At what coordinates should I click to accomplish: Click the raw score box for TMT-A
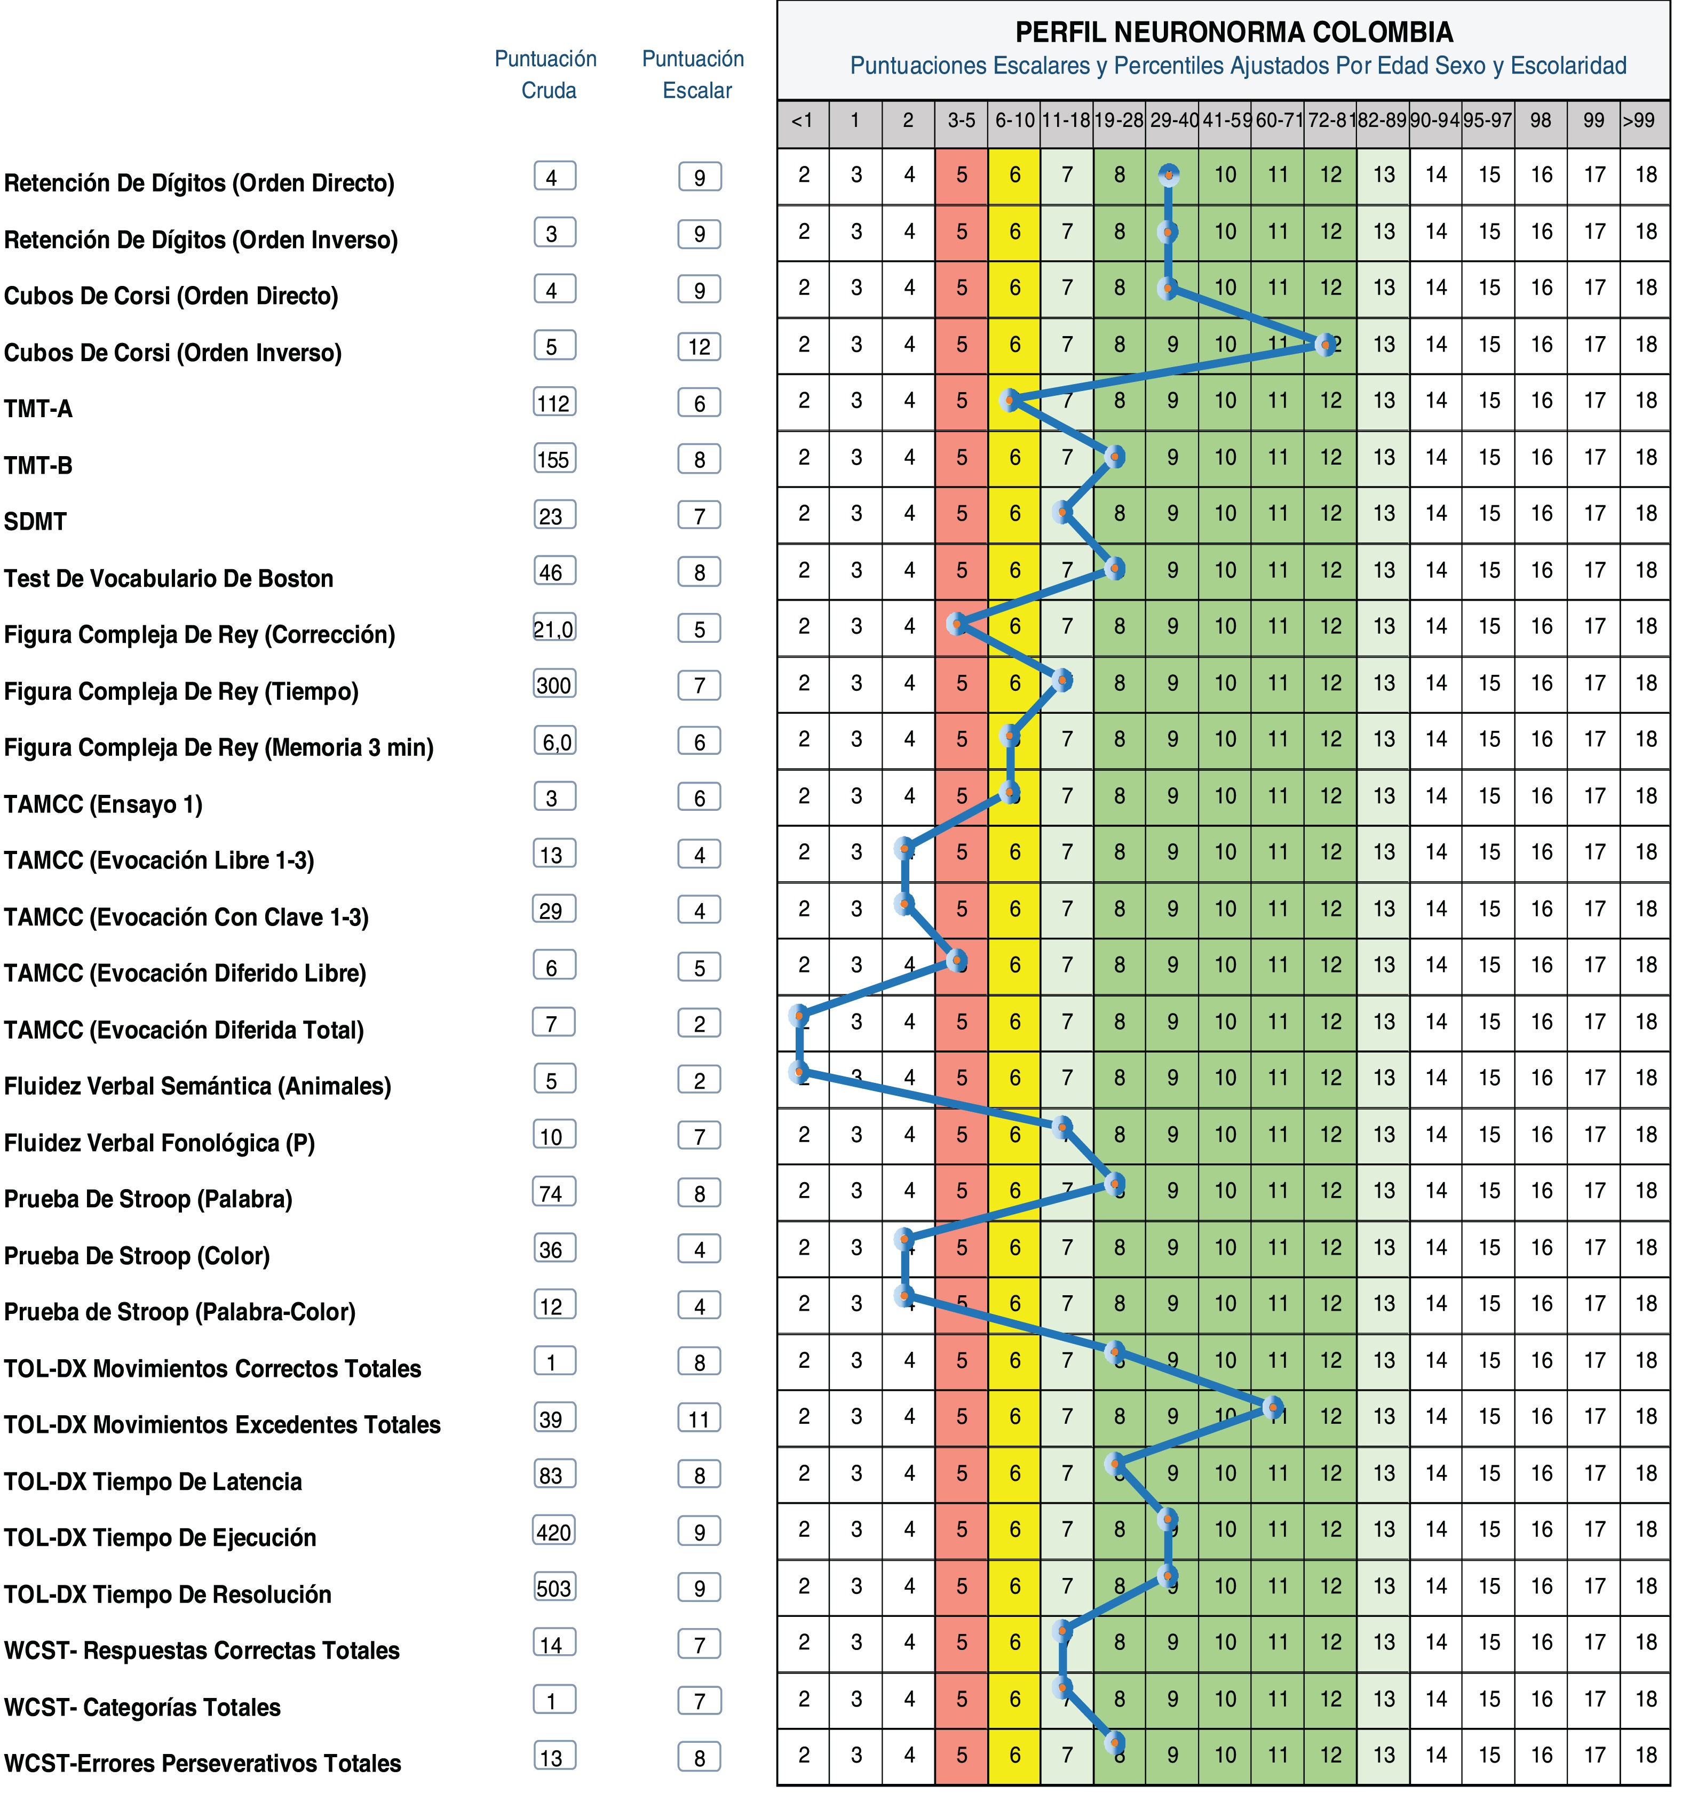(x=553, y=402)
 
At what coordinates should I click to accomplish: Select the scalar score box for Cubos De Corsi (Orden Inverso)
(x=699, y=347)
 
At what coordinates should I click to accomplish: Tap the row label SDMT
(x=36, y=522)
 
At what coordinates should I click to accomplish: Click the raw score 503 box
(x=553, y=1588)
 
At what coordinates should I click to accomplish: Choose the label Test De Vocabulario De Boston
(x=169, y=578)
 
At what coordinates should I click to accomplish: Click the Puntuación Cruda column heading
(x=546, y=75)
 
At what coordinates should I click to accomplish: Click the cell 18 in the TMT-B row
(x=1645, y=457)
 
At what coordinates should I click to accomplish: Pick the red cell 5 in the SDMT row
(x=962, y=514)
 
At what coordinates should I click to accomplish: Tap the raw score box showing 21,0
(x=553, y=628)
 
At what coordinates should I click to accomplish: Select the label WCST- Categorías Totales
(x=142, y=1707)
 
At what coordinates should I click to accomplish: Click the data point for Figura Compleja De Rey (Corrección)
(x=956, y=624)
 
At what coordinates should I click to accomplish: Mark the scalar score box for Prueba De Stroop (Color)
(x=699, y=1249)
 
